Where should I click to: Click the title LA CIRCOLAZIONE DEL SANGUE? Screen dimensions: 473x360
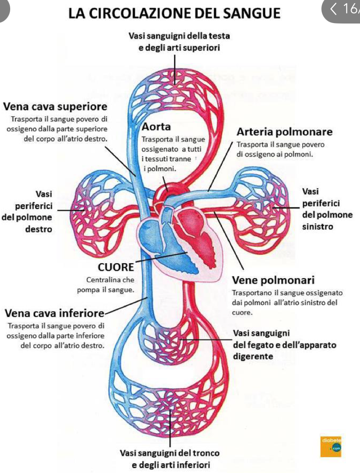pos(175,13)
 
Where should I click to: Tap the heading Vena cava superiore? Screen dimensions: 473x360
pos(55,107)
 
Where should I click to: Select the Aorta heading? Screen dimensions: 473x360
pos(156,126)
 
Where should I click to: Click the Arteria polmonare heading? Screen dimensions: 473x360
pos(284,132)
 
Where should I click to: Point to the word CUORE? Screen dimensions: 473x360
pos(115,267)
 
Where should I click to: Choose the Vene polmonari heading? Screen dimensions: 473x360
pos(274,280)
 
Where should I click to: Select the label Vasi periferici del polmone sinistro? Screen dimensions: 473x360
pos(326,209)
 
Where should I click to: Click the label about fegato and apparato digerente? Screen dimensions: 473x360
pos(284,345)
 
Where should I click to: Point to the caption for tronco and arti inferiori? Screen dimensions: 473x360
pos(170,459)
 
